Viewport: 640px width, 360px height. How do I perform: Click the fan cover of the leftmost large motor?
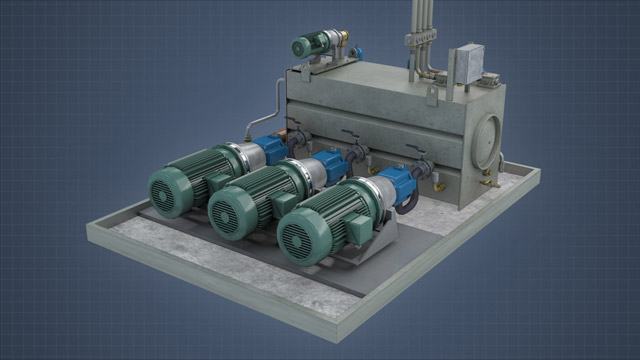click(170, 189)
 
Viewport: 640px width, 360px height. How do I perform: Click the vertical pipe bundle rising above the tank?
click(420, 30)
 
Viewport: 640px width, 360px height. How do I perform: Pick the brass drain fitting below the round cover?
click(488, 181)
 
